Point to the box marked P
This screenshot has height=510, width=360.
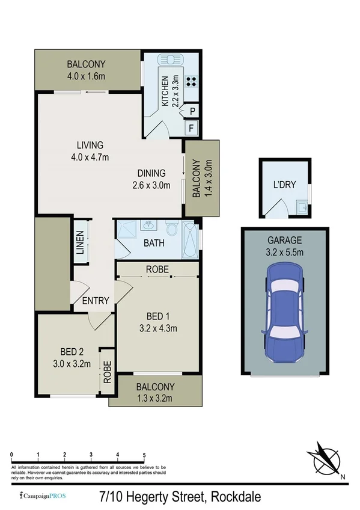click(x=192, y=111)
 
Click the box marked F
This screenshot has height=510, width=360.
click(x=192, y=127)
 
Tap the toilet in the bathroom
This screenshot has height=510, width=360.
click(x=172, y=229)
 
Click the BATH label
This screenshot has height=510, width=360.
click(x=154, y=244)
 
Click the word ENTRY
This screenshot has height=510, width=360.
click(x=94, y=301)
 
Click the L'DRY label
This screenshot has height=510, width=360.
click(x=285, y=185)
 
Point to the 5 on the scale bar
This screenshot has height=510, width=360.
click(x=144, y=455)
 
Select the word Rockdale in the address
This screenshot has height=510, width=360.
click(x=235, y=497)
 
